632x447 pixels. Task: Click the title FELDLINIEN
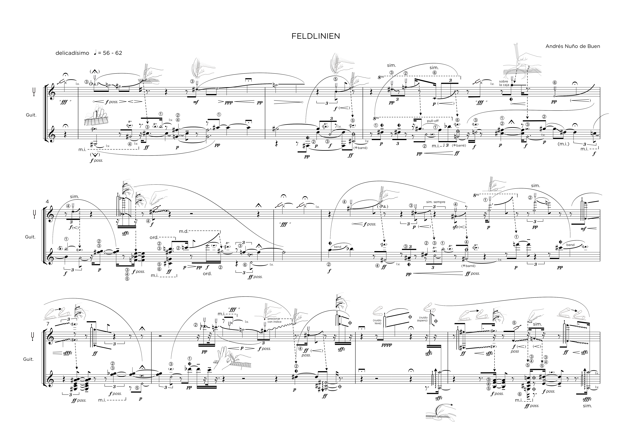[x=316, y=36]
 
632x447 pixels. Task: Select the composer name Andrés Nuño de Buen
[x=573, y=46]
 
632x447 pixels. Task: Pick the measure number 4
[x=47, y=202]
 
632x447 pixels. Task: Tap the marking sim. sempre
[x=435, y=202]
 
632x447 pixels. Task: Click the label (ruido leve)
[x=377, y=322]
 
